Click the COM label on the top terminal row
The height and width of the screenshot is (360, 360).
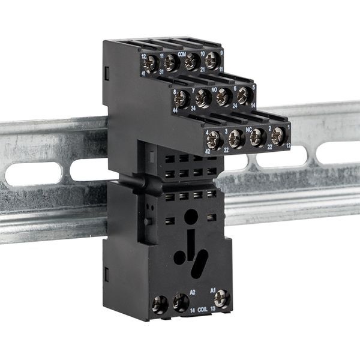(x=181, y=53)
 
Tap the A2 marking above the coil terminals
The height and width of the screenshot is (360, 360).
(x=193, y=291)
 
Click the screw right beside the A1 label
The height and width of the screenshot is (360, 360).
(x=221, y=298)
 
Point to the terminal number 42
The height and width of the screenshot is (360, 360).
(x=208, y=151)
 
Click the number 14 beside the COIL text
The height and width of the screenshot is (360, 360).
(x=192, y=310)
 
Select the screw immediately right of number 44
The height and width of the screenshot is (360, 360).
(x=182, y=98)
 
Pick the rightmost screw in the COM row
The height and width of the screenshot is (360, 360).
(x=211, y=60)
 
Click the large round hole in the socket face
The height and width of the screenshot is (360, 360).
(x=191, y=216)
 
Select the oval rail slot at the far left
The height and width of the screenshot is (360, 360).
(x=33, y=173)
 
